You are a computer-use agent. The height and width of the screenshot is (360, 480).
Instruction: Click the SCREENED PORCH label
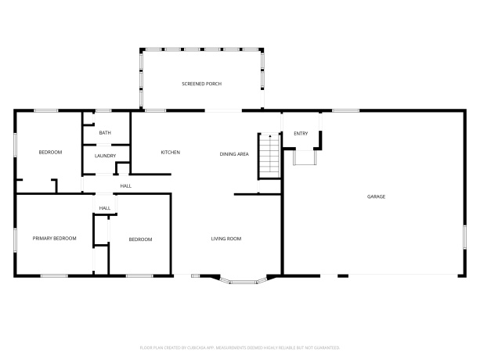(201, 84)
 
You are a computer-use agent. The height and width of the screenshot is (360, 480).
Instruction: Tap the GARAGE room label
(376, 196)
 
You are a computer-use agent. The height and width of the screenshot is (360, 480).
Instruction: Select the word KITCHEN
(171, 152)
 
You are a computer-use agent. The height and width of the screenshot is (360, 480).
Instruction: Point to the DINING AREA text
(233, 154)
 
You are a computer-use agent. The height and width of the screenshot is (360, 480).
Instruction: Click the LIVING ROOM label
(226, 239)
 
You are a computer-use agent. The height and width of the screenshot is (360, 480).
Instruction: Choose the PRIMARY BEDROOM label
(54, 238)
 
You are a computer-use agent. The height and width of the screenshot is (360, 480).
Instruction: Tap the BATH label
(105, 133)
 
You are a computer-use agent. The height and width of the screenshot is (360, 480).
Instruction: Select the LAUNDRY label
(105, 156)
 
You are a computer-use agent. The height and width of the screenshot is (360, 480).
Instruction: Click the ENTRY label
(301, 134)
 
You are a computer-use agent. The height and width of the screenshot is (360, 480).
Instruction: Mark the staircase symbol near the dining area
(269, 155)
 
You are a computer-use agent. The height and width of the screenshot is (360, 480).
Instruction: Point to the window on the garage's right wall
(464, 236)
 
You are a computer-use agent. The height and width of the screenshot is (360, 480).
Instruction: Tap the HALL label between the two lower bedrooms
(104, 207)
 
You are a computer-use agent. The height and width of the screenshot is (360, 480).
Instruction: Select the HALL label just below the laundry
(125, 185)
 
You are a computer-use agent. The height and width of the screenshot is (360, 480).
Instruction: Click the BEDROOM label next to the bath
(50, 152)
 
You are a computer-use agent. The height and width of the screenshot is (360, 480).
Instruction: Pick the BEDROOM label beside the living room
(140, 239)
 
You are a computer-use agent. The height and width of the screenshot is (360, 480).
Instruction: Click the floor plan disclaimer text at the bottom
(240, 346)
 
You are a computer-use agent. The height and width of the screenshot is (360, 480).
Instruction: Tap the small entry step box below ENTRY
(303, 157)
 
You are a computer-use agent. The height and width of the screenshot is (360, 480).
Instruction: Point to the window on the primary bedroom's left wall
(16, 239)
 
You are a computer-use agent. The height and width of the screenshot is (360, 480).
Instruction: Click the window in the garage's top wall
(345, 110)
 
